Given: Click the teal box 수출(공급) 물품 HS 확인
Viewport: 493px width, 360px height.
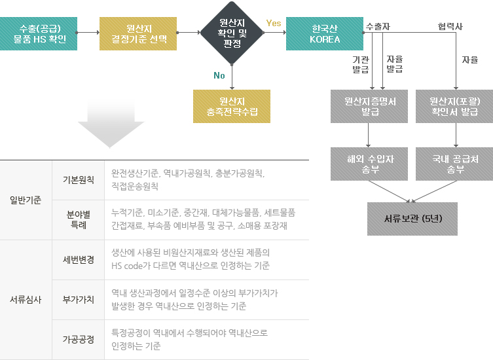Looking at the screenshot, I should click(37, 33).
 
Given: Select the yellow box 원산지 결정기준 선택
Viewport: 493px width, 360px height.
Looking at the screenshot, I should click(138, 33).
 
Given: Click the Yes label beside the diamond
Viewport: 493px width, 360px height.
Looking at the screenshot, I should click(274, 24).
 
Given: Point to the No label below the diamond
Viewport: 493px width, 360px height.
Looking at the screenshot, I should click(219, 75).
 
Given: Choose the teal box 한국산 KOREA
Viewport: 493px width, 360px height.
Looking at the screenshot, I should click(325, 33).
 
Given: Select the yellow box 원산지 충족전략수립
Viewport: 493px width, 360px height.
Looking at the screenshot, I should click(232, 106).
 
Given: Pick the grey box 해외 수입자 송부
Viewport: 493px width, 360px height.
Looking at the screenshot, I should click(370, 164).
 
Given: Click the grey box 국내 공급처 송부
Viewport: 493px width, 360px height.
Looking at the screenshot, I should click(454, 164).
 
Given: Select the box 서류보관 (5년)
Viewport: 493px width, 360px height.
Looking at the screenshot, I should click(412, 219).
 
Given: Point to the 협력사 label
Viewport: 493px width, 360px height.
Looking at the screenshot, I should click(450, 26).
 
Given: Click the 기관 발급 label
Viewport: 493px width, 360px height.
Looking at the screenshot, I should click(361, 64).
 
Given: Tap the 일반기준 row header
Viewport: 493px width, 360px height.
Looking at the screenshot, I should click(26, 200).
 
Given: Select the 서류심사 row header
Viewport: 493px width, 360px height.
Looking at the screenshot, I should click(26, 300).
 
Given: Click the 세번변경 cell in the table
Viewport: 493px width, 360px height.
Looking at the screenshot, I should click(78, 260).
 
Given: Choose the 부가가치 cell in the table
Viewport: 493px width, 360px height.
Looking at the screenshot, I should click(78, 300).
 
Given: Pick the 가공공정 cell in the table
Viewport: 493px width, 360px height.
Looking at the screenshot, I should click(78, 340).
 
